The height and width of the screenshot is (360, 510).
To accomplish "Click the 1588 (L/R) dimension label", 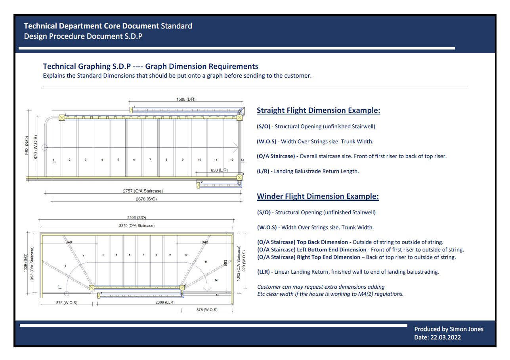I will click(186, 99).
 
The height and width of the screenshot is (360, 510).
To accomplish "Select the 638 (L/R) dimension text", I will click(219, 170).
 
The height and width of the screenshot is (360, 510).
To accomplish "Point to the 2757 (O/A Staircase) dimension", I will click(143, 191).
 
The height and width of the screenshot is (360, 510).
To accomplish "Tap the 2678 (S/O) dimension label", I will click(146, 199).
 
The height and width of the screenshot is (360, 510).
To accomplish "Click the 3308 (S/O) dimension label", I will click(136, 217).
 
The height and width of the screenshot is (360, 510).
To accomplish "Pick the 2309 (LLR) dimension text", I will click(164, 302).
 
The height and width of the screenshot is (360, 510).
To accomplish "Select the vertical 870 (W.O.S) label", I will click(36, 147).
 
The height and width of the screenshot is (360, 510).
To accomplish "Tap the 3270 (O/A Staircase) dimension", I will click(137, 225).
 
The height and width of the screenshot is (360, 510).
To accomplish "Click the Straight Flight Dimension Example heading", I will click(318, 110).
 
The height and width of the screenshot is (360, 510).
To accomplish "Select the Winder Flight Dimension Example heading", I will click(317, 196).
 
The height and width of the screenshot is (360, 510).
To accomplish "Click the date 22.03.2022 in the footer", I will click(445, 338).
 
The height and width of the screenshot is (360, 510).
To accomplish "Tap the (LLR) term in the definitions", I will click(264, 272).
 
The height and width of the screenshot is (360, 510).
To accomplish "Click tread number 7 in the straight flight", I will click(150, 160).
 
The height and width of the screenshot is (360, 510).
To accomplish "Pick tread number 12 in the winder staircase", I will click(216, 280).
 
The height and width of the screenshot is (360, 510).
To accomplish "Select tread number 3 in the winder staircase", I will click(83, 256).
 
